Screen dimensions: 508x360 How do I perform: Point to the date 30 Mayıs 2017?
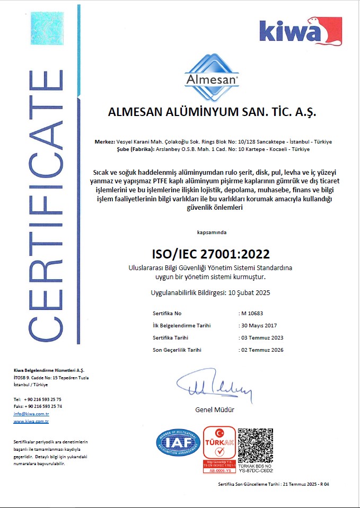260,325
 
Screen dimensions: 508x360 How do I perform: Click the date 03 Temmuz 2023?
262,337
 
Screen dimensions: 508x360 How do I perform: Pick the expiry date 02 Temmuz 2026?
262,350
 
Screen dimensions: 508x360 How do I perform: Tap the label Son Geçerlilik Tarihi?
177,350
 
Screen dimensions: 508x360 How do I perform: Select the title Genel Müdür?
214,410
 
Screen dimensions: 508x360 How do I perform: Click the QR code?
256,443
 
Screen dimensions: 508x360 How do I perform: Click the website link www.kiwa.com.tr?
31,421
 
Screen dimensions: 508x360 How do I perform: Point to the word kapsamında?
211,232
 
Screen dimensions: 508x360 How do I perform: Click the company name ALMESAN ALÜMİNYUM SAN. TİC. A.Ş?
212,113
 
